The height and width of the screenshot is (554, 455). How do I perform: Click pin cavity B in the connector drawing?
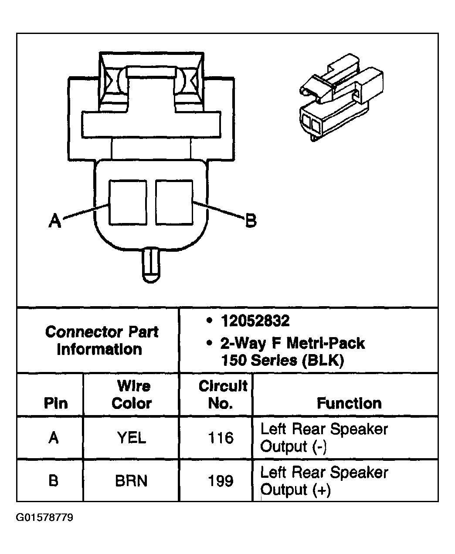[174, 203]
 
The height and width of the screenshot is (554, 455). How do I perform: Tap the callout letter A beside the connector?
[54, 221]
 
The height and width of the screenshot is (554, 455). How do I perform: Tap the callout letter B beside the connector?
[251, 220]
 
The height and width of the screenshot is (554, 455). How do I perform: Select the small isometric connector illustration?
[342, 98]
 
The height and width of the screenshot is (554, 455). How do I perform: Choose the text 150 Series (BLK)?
[282, 360]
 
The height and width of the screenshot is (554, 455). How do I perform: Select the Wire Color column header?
[131, 395]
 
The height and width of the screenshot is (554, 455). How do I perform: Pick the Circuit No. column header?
[222, 395]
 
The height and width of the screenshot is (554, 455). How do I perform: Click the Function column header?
[349, 403]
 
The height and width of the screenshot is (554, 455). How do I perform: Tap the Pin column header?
[55, 403]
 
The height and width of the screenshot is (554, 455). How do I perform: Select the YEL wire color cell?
[131, 438]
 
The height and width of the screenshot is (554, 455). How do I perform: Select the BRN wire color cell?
[131, 481]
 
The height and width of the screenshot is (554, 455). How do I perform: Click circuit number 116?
[221, 438]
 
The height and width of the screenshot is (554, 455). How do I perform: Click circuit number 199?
[221, 481]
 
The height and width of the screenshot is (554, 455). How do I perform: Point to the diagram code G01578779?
[45, 518]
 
